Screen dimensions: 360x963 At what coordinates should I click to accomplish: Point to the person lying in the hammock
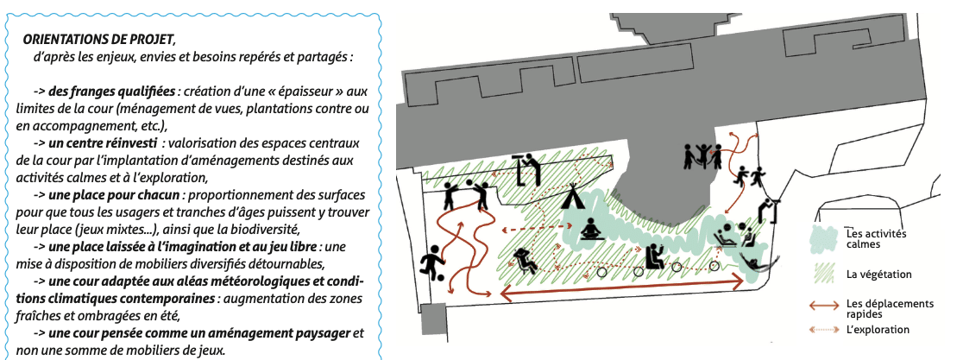click(x=757, y=261)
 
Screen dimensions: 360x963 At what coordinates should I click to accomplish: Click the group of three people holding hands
click(x=702, y=155)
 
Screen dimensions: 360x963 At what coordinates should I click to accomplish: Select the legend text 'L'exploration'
click(x=878, y=329)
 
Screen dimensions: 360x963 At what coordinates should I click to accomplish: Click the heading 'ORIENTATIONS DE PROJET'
click(x=99, y=40)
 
